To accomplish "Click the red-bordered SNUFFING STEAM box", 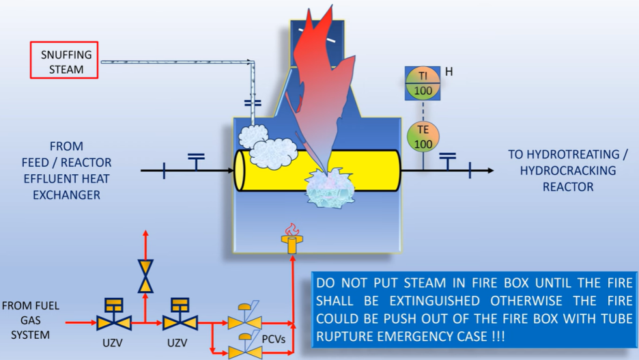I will pyautogui.click(x=65, y=60).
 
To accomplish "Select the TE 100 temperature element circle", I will pyautogui.click(x=423, y=136).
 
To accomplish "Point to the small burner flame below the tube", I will pyautogui.click(x=292, y=229).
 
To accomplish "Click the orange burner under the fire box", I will pyautogui.click(x=292, y=243).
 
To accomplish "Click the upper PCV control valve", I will pyautogui.click(x=245, y=319).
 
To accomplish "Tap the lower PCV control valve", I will pyautogui.click(x=245, y=349).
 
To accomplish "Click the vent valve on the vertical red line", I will pyautogui.click(x=145, y=276).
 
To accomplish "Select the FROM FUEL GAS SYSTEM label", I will pyautogui.click(x=31, y=320).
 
